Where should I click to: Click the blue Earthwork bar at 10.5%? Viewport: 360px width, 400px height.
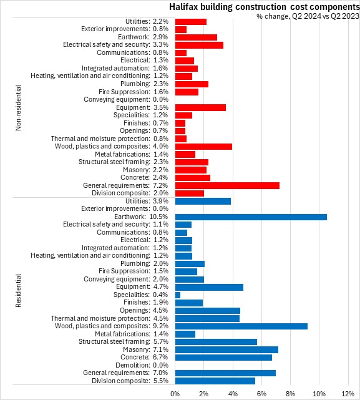(x=251, y=217)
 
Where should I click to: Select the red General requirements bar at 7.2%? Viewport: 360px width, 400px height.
(x=227, y=185)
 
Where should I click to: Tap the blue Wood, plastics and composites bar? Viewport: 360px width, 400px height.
(x=241, y=326)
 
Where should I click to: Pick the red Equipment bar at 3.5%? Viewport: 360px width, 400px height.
(x=200, y=108)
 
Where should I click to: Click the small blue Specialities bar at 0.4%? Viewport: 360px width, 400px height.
(x=178, y=295)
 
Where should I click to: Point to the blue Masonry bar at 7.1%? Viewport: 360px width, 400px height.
(x=226, y=349)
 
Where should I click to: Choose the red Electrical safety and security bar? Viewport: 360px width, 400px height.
(x=199, y=45)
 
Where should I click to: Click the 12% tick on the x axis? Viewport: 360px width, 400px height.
(x=348, y=394)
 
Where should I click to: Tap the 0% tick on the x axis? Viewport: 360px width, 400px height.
(x=175, y=394)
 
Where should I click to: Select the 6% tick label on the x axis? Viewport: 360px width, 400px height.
(x=261, y=394)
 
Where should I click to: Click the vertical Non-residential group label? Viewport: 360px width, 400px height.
(x=18, y=108)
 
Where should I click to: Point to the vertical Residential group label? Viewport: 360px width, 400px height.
(x=18, y=291)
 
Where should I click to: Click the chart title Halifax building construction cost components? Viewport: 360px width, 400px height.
(x=265, y=7)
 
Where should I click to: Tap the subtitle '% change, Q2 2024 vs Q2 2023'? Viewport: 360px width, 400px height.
(x=308, y=16)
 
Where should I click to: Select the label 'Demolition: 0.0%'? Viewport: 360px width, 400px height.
(x=142, y=365)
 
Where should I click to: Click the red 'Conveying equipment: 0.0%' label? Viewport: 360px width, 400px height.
(x=126, y=99)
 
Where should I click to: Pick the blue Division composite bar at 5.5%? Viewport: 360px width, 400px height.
(x=215, y=381)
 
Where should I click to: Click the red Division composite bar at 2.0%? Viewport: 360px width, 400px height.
(x=190, y=193)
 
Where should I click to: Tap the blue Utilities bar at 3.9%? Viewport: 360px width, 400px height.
(x=203, y=202)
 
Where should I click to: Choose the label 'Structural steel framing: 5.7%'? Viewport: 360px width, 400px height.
(x=124, y=341)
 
